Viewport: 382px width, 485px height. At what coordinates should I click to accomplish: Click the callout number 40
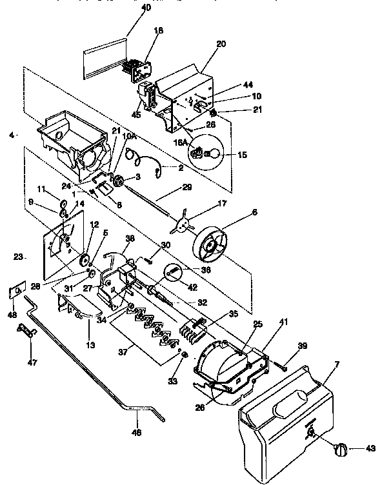click(x=146, y=8)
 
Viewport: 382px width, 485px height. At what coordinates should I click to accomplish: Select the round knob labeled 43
click(x=340, y=450)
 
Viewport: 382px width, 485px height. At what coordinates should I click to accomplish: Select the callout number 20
click(x=221, y=45)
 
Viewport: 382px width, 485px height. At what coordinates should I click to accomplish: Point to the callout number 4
click(x=11, y=135)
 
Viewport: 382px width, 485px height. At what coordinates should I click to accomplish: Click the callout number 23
click(x=18, y=257)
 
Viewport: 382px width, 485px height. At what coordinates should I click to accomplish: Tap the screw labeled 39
click(x=284, y=367)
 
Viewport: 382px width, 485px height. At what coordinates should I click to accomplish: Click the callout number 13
click(x=91, y=345)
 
